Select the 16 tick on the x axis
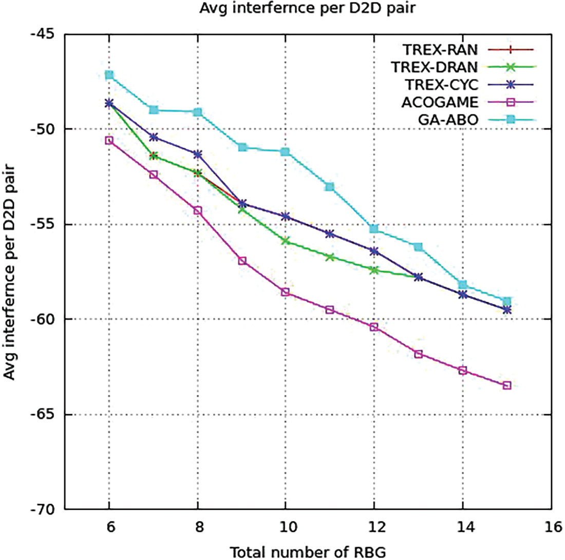tap(552, 527)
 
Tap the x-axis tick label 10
tap(286, 527)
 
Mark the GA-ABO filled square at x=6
tap(109, 75)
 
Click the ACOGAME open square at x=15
tap(507, 385)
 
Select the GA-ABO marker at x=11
tap(330, 187)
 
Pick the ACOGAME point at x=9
tap(242, 261)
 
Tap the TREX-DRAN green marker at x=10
tap(286, 241)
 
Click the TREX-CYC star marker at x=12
tap(374, 250)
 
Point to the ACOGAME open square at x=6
tap(109, 140)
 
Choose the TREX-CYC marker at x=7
tap(153, 137)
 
